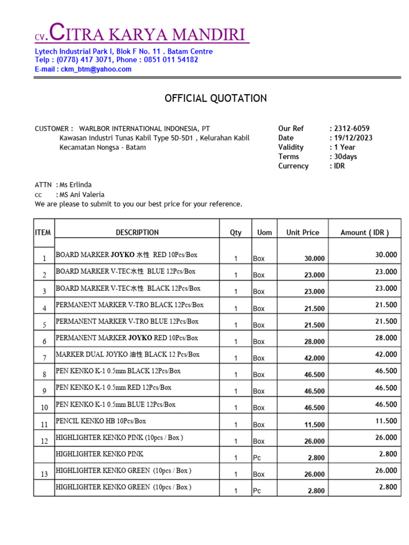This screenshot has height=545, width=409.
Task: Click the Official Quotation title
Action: tap(216, 98)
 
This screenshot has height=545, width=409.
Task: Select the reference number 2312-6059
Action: tap(351, 128)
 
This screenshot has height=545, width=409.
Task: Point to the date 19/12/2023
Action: tap(353, 138)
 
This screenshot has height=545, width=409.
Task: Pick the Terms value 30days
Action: tap(346, 156)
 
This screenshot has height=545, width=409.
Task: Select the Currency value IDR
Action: tap(340, 166)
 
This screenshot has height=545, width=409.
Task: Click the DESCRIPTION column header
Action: tap(137, 233)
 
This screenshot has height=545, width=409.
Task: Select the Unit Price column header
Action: tap(302, 233)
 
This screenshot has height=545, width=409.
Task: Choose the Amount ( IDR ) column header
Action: tap(365, 233)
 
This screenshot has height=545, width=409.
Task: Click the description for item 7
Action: tap(128, 354)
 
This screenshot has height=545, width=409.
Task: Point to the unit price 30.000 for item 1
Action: tap(314, 259)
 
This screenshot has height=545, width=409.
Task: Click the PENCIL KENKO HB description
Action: tap(101, 421)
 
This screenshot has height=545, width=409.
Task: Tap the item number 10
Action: tap(44, 408)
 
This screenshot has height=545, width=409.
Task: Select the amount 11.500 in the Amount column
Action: tap(386, 421)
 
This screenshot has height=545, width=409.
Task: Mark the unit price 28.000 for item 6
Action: tap(314, 342)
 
